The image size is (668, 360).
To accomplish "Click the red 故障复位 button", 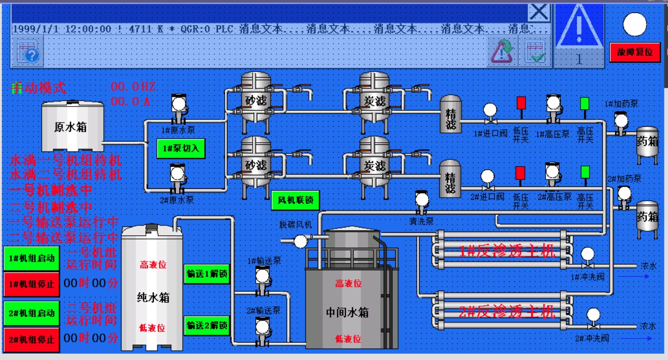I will [635, 52].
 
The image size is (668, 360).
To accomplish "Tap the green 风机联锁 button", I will [295, 200].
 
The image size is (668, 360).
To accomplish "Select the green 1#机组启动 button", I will [32, 258].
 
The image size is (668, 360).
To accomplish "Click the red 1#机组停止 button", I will [32, 283].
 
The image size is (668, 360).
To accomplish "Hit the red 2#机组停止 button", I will [32, 339].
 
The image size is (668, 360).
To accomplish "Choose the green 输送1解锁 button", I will [206, 274].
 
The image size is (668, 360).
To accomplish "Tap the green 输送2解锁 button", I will [206, 325].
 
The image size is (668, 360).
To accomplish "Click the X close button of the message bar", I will [539, 12].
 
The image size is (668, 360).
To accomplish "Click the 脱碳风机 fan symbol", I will [300, 241].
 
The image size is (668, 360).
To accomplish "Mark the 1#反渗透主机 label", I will [507, 252].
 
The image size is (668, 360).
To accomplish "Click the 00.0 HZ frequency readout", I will [133, 86].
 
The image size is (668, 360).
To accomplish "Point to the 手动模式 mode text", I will [39, 88].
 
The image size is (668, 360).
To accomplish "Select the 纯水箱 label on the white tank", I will [153, 298].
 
